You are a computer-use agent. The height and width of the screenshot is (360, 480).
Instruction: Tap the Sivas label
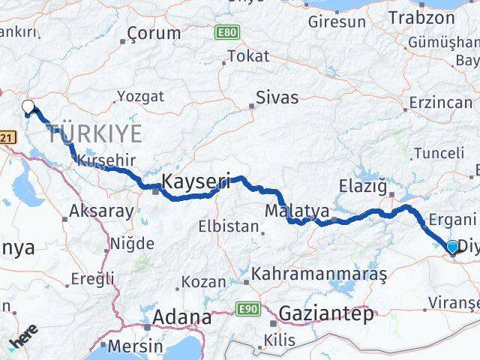(x=277, y=97)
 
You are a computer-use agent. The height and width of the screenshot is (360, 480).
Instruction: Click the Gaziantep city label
(x=326, y=313)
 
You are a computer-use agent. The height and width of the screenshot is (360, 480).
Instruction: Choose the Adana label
(x=181, y=317)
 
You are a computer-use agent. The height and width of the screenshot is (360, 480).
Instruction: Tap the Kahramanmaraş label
(x=319, y=275)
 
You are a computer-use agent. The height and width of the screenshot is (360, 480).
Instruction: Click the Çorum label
(x=154, y=33)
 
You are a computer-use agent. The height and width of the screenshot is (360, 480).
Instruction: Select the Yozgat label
(x=139, y=96)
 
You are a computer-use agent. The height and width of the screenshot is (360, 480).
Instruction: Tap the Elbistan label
(x=223, y=226)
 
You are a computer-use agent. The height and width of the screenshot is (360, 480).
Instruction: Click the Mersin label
(x=135, y=346)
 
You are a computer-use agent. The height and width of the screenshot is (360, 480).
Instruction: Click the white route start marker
(x=28, y=107)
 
